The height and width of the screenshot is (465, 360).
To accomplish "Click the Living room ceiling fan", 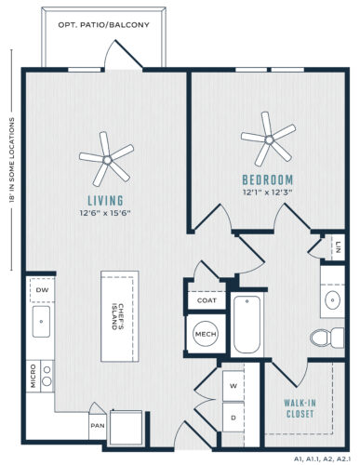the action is (x=107, y=160).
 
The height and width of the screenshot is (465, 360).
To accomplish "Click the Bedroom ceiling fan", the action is (x=269, y=139).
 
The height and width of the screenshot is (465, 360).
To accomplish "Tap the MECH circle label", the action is (x=206, y=334).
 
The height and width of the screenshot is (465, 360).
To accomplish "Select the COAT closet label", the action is (x=207, y=300).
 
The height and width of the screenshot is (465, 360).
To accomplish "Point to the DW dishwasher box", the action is (x=42, y=290).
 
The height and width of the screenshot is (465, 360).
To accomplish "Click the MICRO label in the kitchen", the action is (x=33, y=376).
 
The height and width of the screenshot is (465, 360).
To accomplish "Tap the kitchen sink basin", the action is (x=41, y=322).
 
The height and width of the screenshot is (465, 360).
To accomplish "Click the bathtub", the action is (x=247, y=325).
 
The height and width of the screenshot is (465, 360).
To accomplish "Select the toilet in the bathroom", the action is (x=327, y=338).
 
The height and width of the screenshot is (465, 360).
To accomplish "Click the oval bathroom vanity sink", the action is (x=332, y=299).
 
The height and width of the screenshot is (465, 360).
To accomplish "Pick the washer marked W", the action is (x=233, y=386).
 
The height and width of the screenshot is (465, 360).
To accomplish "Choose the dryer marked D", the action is (x=233, y=418).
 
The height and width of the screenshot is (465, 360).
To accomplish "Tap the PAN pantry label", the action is (x=98, y=426).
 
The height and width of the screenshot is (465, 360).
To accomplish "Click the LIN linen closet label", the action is (x=339, y=247).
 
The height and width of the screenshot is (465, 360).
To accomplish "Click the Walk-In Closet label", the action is (x=300, y=408).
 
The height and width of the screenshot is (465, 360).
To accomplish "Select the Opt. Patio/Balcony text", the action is (x=103, y=25).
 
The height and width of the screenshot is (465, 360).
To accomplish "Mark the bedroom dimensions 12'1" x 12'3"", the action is (x=268, y=193).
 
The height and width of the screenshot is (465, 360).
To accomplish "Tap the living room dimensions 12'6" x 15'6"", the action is (x=105, y=213).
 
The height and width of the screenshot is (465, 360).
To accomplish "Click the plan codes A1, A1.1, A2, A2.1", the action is (x=323, y=458).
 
